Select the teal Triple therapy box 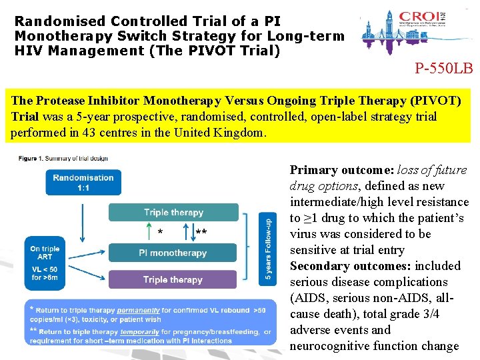173,213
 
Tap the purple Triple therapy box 173,280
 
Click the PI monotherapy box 173,253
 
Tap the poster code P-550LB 443,68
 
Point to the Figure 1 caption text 63,158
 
